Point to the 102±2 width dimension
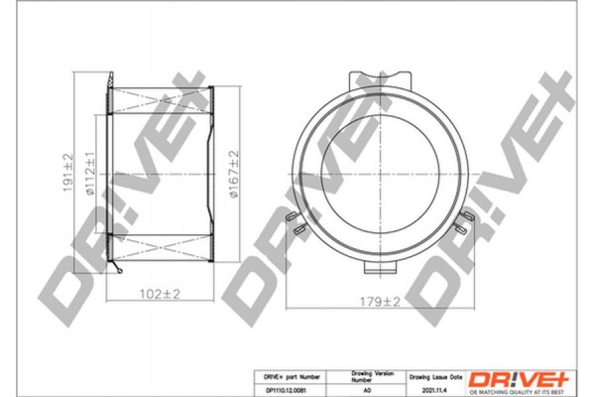coord(159,295)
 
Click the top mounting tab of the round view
coord(377,74)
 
